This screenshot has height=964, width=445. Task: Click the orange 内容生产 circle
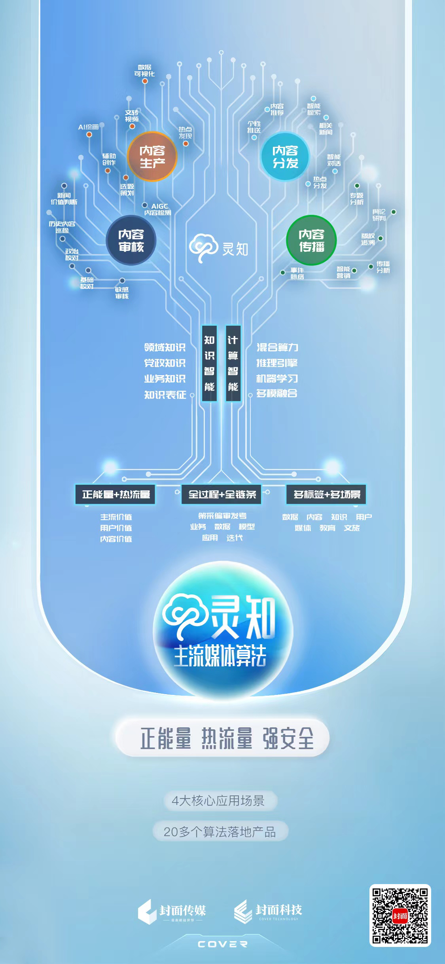click(152, 156)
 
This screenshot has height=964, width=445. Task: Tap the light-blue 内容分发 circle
click(285, 156)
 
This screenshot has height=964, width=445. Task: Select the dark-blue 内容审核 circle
click(131, 241)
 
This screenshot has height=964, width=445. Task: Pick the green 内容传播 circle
click(311, 240)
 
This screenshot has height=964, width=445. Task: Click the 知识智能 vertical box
click(209, 363)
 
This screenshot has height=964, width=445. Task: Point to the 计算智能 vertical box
click(233, 363)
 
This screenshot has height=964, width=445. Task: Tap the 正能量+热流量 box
click(116, 494)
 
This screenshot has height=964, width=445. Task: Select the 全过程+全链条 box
click(222, 494)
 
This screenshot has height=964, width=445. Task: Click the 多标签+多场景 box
click(326, 494)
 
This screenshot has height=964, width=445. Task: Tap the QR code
click(400, 915)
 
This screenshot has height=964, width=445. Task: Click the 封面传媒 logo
click(172, 911)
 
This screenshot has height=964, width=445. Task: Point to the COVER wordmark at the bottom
click(222, 944)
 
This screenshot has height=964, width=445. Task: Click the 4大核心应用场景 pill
click(218, 801)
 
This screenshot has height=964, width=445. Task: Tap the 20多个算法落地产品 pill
click(220, 832)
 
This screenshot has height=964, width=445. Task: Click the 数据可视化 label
click(144, 70)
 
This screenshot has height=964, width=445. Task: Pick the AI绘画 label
click(88, 127)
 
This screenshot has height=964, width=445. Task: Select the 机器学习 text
click(277, 378)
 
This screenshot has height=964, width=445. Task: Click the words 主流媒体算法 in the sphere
click(220, 656)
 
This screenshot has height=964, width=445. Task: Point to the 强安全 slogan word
click(288, 738)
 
